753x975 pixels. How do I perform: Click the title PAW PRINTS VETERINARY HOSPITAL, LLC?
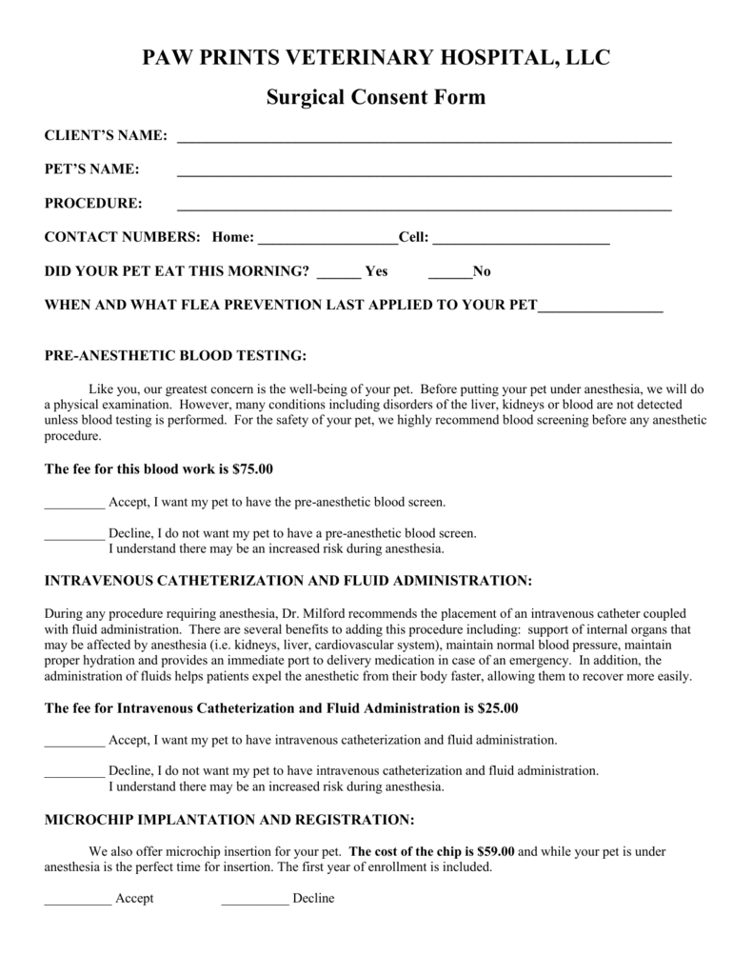tap(376, 58)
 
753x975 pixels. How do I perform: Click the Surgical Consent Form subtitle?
tap(376, 97)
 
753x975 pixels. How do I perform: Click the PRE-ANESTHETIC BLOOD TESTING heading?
tap(176, 356)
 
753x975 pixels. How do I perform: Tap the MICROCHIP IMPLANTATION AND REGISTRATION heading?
tap(229, 820)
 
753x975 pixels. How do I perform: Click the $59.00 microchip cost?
tap(494, 851)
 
